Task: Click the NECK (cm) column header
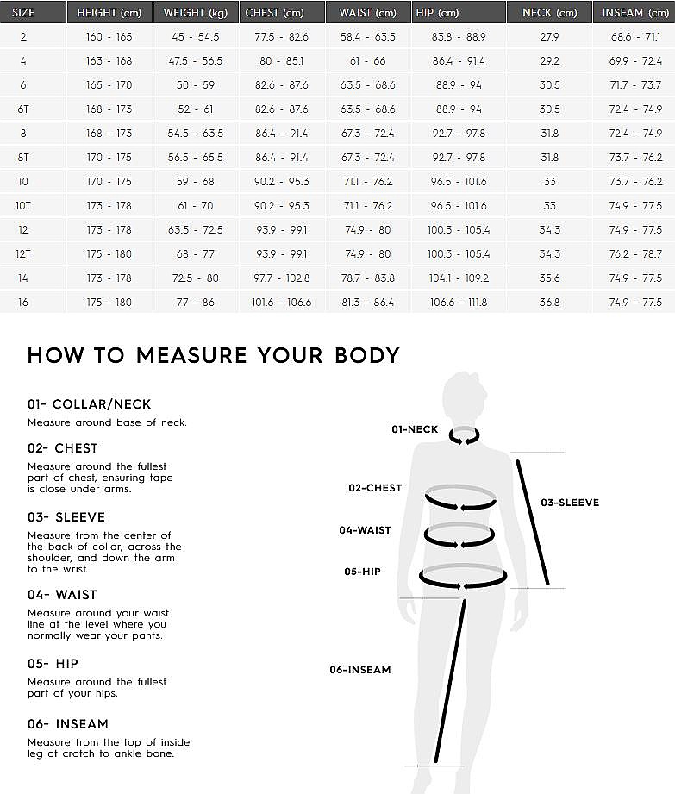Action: coord(549,13)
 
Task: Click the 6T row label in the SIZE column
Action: coord(23,109)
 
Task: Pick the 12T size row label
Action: coord(23,254)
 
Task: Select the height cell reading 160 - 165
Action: coord(109,37)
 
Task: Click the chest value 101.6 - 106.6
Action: coord(281,303)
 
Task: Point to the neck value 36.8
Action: coord(549,303)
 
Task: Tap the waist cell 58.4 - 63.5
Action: coord(367,37)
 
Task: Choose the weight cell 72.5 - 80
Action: coord(195,278)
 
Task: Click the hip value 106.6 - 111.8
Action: coord(458,303)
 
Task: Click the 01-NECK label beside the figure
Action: coord(415,429)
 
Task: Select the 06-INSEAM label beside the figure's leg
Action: coord(359,670)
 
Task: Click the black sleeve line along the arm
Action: coord(532,522)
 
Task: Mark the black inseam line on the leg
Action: coord(451,681)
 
